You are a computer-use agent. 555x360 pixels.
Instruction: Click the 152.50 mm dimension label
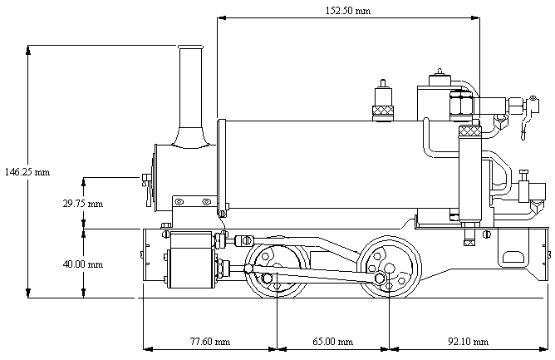pos(348,11)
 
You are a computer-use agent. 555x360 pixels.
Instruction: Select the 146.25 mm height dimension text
pos(27,172)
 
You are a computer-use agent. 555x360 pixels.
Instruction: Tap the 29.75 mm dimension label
pos(83,204)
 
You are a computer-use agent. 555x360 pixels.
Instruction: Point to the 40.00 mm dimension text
pos(83,264)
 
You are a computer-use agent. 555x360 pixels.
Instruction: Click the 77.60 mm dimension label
pos(210,342)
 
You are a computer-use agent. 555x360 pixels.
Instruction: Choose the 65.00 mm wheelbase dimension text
pos(332,342)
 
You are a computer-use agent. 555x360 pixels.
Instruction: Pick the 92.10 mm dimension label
pos(469,342)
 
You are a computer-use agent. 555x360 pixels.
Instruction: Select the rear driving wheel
pos(389,268)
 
